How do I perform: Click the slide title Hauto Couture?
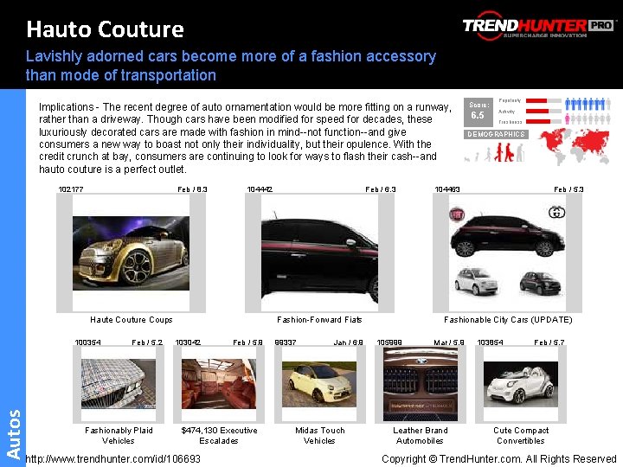coord(105,29)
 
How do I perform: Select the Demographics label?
coord(496,134)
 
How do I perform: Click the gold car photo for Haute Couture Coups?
coord(131,252)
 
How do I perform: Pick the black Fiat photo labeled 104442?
coord(319,252)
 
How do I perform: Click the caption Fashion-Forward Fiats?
coord(319,320)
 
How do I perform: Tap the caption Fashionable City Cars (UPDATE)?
coord(508,320)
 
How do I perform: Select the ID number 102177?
coord(71,189)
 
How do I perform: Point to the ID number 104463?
coord(447,189)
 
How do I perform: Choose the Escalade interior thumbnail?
coord(218,383)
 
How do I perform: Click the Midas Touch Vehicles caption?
coord(319,435)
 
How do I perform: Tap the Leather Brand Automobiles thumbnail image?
coord(420,383)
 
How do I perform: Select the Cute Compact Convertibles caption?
coord(521,435)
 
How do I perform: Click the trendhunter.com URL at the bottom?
coord(113,458)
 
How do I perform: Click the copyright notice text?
coord(498,458)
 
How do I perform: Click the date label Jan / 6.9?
coord(349,342)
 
